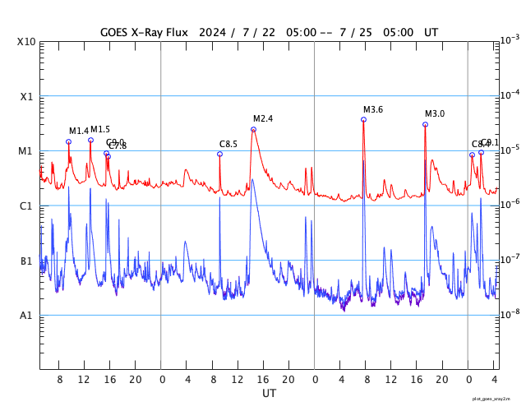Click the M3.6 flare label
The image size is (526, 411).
pyautogui.click(x=373, y=110)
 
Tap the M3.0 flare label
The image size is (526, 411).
pyautogui.click(x=435, y=113)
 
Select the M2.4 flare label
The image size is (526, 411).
pyautogui.click(x=263, y=118)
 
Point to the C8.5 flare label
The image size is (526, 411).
pyautogui.click(x=228, y=144)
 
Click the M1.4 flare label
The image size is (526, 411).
pyautogui.click(x=79, y=131)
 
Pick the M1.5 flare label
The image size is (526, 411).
pyautogui.click(x=100, y=129)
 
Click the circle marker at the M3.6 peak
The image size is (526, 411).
pyautogui.click(x=363, y=120)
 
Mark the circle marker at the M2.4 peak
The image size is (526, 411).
pyautogui.click(x=253, y=129)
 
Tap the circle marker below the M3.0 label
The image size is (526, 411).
pyautogui.click(x=425, y=124)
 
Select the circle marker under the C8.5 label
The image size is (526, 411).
pyautogui.click(x=219, y=154)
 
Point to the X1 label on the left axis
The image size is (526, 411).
pyautogui.click(x=27, y=96)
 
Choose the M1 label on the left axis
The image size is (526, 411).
pyautogui.click(x=27, y=151)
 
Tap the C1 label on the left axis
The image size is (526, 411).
pyautogui.click(x=27, y=205)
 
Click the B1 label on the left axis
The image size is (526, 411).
pyautogui.click(x=27, y=261)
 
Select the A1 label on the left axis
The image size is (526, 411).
pyautogui.click(x=27, y=316)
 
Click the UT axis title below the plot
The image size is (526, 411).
pyautogui.click(x=270, y=394)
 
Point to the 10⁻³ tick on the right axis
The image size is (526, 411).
pyautogui.click(x=510, y=39)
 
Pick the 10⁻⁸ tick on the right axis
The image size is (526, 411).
pyautogui.click(x=510, y=314)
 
